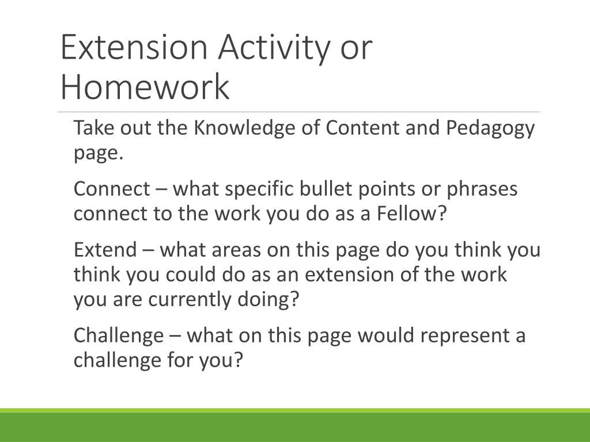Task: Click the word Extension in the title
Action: coord(134,47)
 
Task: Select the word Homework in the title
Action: coord(145,86)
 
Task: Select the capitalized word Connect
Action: coord(112,189)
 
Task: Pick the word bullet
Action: coord(326,188)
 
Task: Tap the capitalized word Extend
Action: coord(105,250)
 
